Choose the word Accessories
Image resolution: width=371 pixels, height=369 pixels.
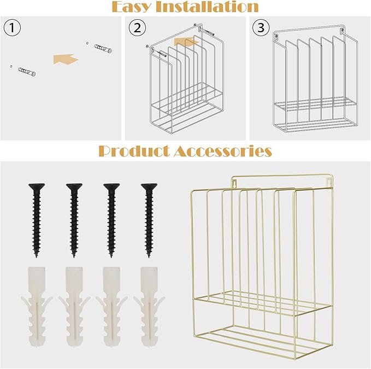[x=222, y=151]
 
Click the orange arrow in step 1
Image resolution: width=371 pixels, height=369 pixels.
[x=66, y=58]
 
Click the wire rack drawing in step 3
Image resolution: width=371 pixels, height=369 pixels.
[x=309, y=82]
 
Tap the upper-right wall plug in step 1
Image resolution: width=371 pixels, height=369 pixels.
[x=101, y=48]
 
